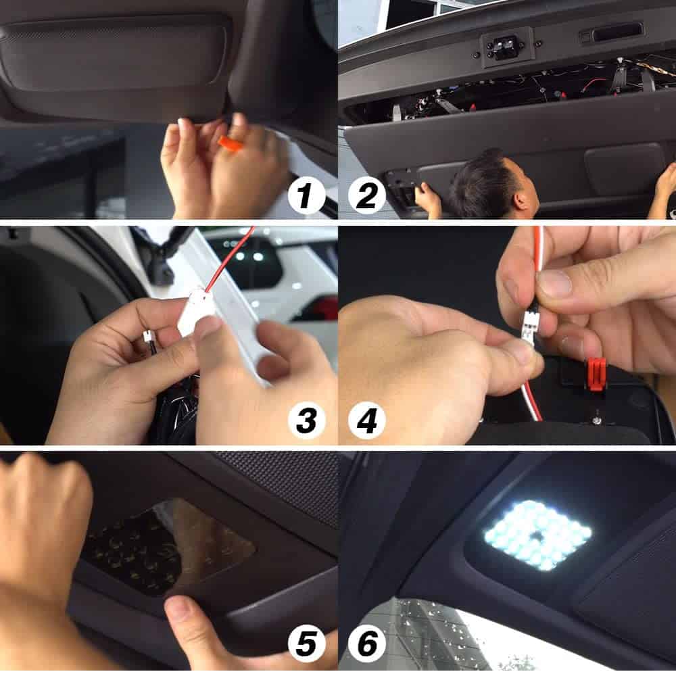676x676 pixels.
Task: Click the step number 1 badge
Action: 306,195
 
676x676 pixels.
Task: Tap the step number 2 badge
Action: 367,195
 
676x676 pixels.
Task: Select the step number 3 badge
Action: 306,420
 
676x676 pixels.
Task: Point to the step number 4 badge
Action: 367,420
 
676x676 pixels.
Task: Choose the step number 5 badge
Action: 306,644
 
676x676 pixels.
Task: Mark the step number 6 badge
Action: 367,644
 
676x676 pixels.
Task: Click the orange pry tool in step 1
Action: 230,144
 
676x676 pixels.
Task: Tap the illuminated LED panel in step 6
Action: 538,535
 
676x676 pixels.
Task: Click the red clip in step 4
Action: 596,373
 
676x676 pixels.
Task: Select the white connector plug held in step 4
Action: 530,326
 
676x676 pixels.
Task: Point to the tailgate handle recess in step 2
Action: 617,32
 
